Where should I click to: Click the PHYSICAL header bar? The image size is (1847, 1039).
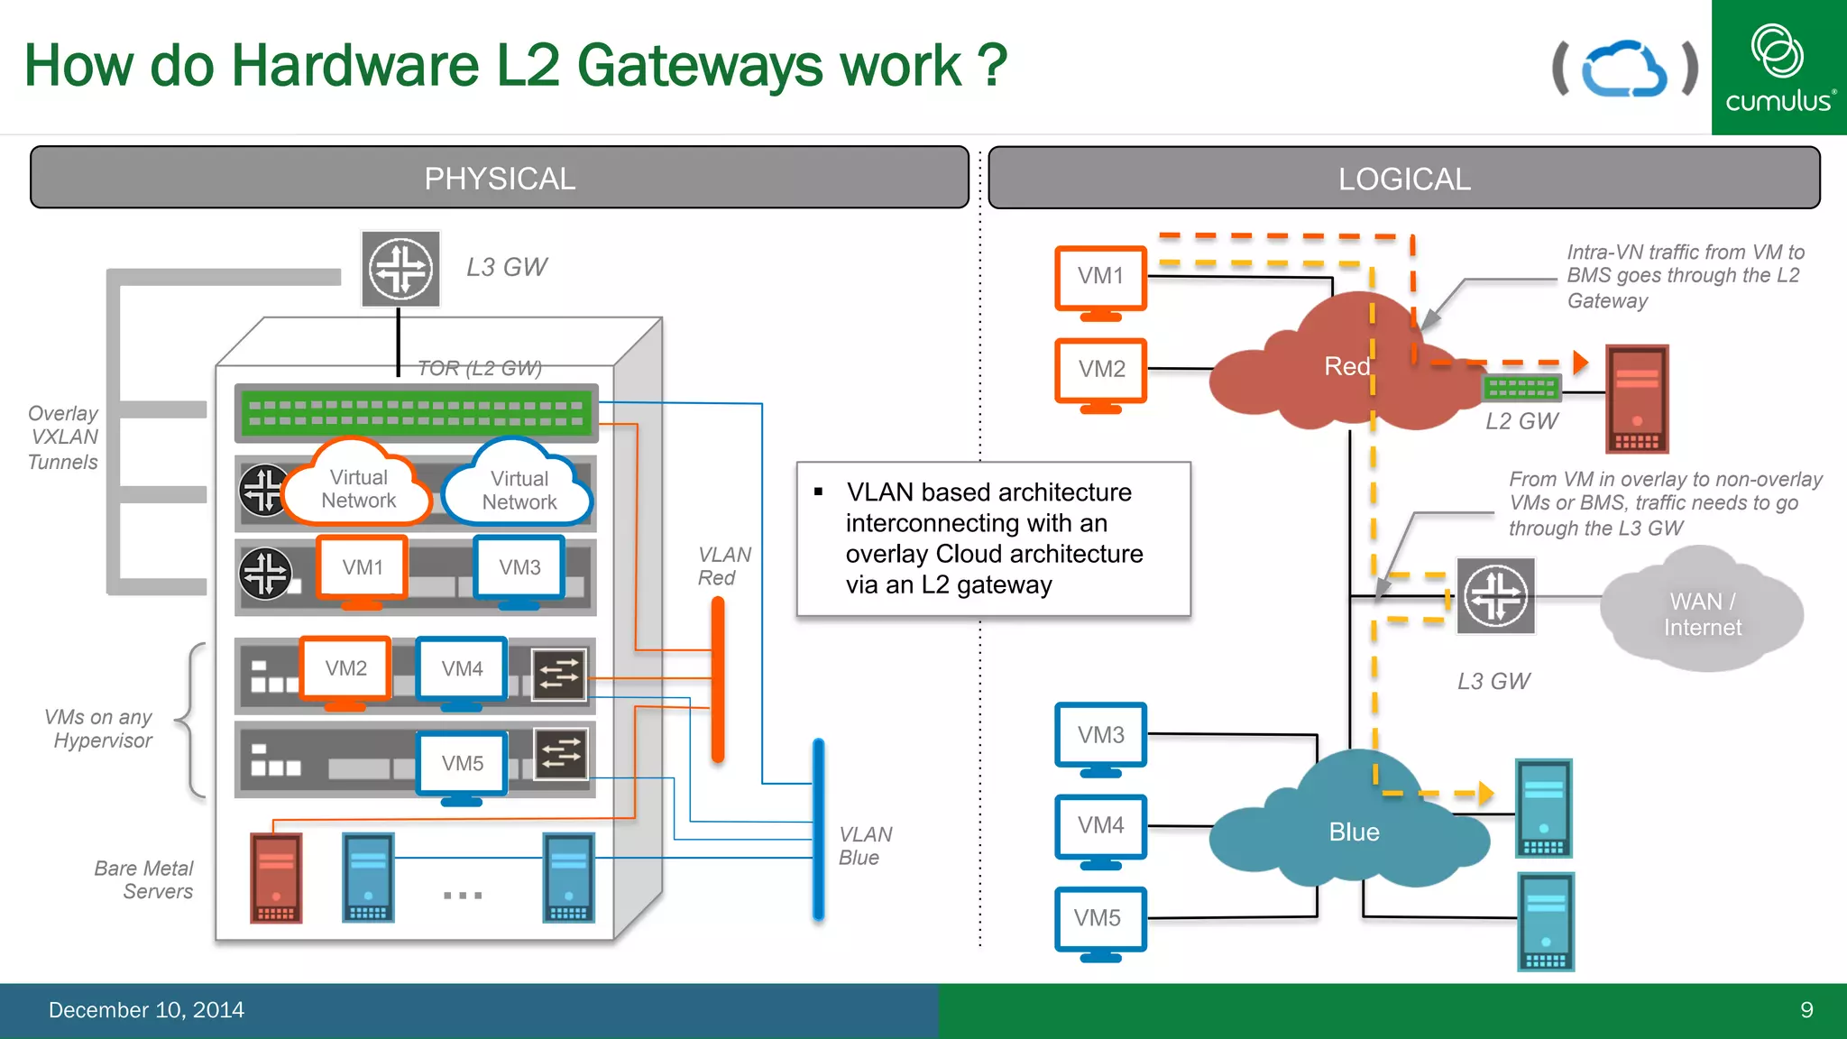[x=499, y=178]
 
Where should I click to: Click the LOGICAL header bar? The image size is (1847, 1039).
[x=1403, y=179]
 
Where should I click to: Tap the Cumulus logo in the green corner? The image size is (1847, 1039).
[x=1778, y=68]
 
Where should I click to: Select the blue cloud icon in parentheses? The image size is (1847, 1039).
[x=1624, y=69]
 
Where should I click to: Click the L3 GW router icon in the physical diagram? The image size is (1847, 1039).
[x=400, y=269]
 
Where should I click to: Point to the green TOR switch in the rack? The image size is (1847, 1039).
[x=416, y=413]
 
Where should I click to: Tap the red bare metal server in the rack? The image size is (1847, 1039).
[x=276, y=878]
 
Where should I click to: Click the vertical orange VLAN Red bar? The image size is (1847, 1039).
[x=718, y=678]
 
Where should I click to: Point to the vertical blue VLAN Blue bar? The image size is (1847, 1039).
[x=818, y=828]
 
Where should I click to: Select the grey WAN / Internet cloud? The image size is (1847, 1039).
[x=1701, y=613]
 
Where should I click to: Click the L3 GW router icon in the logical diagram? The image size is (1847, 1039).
[x=1495, y=596]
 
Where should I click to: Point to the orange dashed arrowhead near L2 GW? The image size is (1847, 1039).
[x=1580, y=363]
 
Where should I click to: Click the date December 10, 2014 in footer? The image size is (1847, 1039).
[x=146, y=1010]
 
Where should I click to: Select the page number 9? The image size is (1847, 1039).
[x=1806, y=1010]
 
